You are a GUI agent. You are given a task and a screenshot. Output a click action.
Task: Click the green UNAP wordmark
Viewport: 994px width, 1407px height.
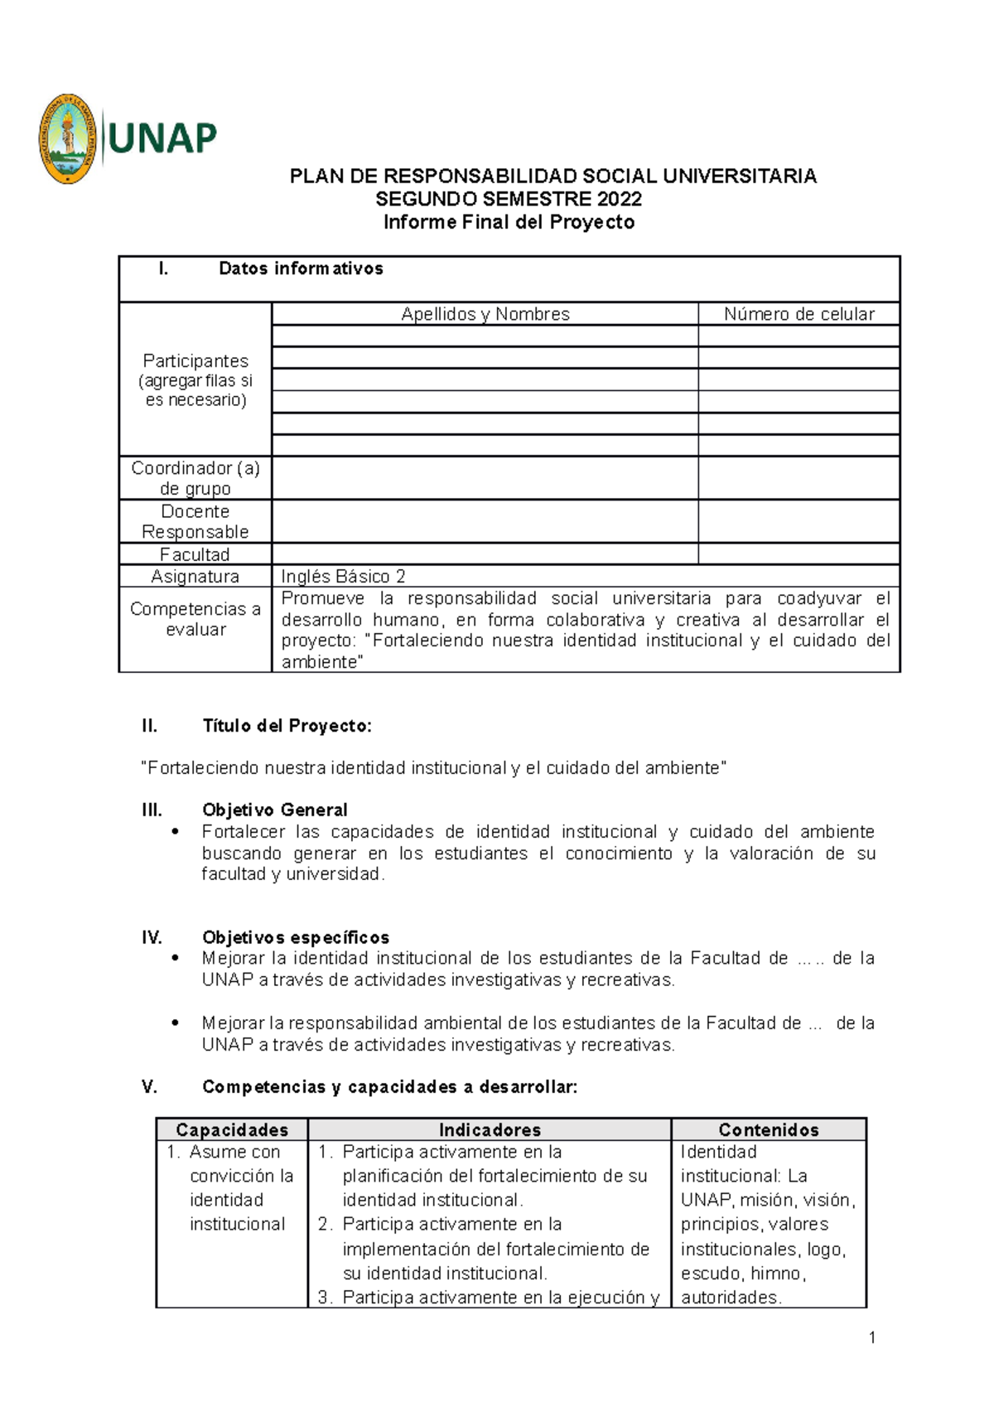pyautogui.click(x=162, y=138)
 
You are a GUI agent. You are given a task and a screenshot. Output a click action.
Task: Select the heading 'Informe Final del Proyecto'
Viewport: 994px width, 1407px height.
pyautogui.click(x=509, y=222)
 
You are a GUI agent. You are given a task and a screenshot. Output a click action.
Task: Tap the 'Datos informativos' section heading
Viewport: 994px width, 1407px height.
pyautogui.click(x=301, y=268)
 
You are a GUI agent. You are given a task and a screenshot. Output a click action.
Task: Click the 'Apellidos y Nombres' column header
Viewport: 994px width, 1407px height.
pyautogui.click(x=485, y=314)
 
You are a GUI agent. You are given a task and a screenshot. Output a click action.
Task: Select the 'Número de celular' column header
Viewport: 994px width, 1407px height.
pyautogui.click(x=799, y=314)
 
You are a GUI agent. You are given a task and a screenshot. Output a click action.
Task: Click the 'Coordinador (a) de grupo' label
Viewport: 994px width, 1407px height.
pyautogui.click(x=195, y=478)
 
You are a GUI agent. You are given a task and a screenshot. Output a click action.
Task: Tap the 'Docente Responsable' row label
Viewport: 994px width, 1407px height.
pyautogui.click(x=195, y=521)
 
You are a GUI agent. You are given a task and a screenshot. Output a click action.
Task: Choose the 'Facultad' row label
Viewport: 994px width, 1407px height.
pyautogui.click(x=195, y=554)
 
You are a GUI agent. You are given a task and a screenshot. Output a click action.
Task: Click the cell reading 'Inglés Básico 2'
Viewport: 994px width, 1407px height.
pyautogui.click(x=343, y=577)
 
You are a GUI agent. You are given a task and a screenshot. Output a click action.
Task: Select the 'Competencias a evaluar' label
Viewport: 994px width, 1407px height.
pyautogui.click(x=195, y=619)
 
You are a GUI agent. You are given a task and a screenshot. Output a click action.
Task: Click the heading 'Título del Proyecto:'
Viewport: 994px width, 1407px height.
pyautogui.click(x=287, y=726)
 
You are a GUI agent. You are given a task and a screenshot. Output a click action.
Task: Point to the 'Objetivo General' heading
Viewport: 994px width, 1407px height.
pyautogui.click(x=274, y=810)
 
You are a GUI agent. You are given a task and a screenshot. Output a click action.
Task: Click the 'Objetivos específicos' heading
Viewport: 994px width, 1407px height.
pyautogui.click(x=296, y=937)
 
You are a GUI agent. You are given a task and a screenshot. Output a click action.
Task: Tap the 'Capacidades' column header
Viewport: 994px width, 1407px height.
pyautogui.click(x=232, y=1129)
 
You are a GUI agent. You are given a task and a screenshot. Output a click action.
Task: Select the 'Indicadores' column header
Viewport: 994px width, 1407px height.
pyautogui.click(x=490, y=1129)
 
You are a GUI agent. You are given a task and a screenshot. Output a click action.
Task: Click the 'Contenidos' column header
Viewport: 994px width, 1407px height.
pyautogui.click(x=769, y=1129)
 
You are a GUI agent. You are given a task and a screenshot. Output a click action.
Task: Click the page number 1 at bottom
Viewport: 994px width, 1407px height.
pyautogui.click(x=872, y=1337)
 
